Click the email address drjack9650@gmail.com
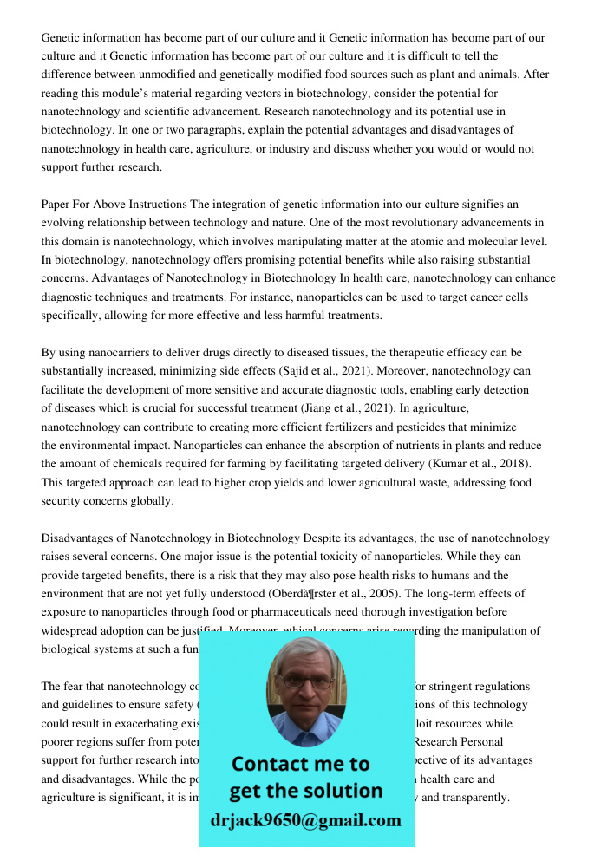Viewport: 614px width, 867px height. coord(305,820)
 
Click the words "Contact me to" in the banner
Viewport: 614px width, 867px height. coord(300,764)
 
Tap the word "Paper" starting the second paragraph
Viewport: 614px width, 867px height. coord(56,205)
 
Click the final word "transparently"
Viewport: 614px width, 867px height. coord(475,798)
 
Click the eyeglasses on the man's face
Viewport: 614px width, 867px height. coord(305,681)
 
